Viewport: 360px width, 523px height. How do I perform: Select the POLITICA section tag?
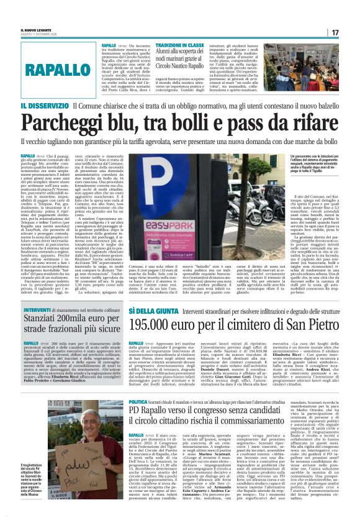click(x=138, y=402)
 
